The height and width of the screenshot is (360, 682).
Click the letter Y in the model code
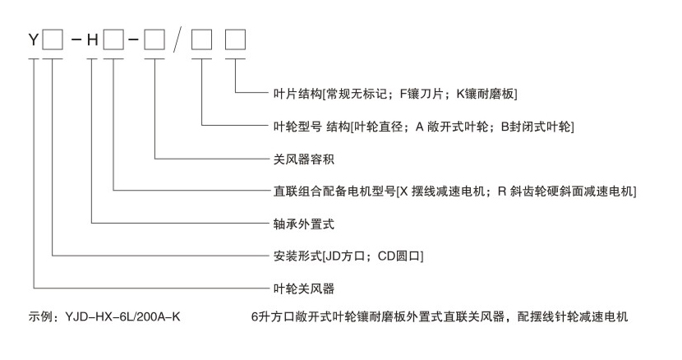(x=33, y=39)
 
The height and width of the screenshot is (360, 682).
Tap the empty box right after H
(x=115, y=39)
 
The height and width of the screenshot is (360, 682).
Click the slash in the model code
(x=178, y=39)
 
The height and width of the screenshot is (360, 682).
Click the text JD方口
(x=346, y=255)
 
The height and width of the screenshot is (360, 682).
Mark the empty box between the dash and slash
(x=153, y=39)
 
